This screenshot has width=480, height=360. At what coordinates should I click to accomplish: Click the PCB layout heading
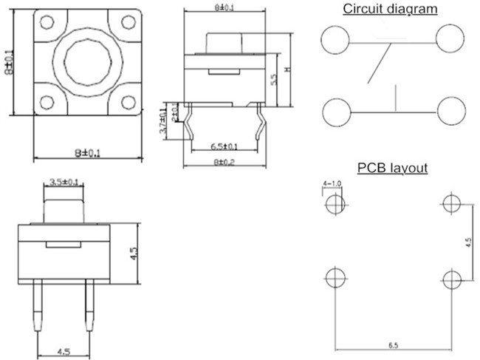click(x=392, y=168)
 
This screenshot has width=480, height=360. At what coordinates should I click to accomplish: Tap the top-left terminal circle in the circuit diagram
click(x=335, y=38)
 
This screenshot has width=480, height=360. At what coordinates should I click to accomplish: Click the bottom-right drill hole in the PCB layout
click(x=451, y=279)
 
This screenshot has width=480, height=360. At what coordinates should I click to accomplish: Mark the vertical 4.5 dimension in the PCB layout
click(x=468, y=242)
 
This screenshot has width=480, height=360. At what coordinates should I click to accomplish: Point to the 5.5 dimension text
click(x=273, y=81)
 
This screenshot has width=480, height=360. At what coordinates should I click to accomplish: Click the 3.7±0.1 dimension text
click(x=164, y=120)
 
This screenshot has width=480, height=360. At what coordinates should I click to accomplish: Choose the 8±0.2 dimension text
click(x=224, y=162)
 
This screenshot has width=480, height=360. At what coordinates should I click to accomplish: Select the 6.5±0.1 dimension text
click(x=224, y=146)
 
